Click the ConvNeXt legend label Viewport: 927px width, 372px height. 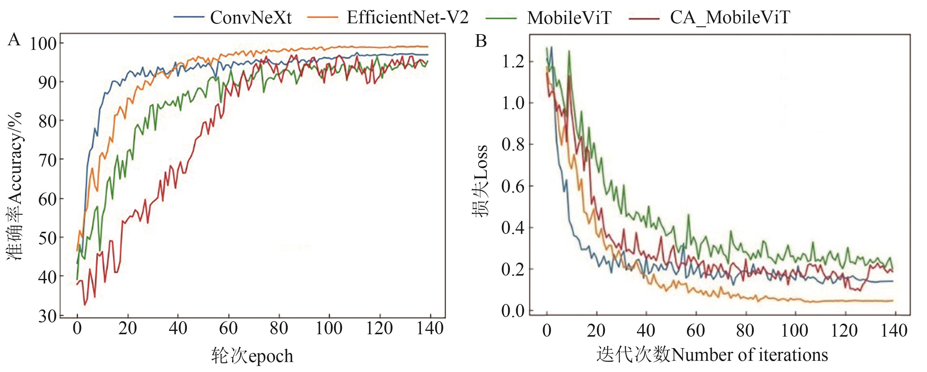coord(251,17)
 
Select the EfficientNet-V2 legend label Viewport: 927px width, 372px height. coord(408,17)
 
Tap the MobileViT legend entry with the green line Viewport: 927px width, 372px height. coord(569,18)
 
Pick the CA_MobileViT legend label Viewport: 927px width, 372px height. coord(730,17)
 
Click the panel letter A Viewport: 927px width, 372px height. coord(14,40)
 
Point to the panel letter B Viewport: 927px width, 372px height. coord(481,41)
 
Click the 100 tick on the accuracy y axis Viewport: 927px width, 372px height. coord(43,44)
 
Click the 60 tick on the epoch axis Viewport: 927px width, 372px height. coord(228,328)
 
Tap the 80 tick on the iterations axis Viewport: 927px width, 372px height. coord(745,331)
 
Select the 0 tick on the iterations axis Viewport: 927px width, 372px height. coord(547,331)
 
